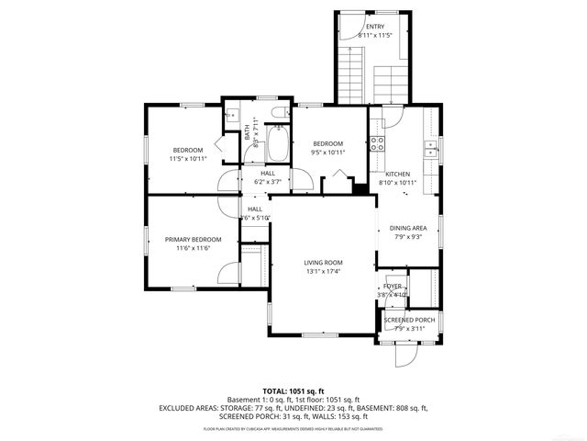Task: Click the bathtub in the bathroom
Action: click(277, 143)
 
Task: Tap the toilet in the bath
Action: click(279, 114)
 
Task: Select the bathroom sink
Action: click(233, 116)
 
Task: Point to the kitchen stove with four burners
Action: click(376, 143)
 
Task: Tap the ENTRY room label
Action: click(375, 27)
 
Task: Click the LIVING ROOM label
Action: click(323, 263)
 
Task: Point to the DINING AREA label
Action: click(408, 228)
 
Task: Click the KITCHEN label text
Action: click(397, 174)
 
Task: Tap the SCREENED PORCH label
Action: click(409, 320)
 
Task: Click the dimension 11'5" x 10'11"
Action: click(188, 159)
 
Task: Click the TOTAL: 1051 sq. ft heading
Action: click(293, 390)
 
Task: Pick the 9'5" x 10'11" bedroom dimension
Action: click(327, 153)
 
